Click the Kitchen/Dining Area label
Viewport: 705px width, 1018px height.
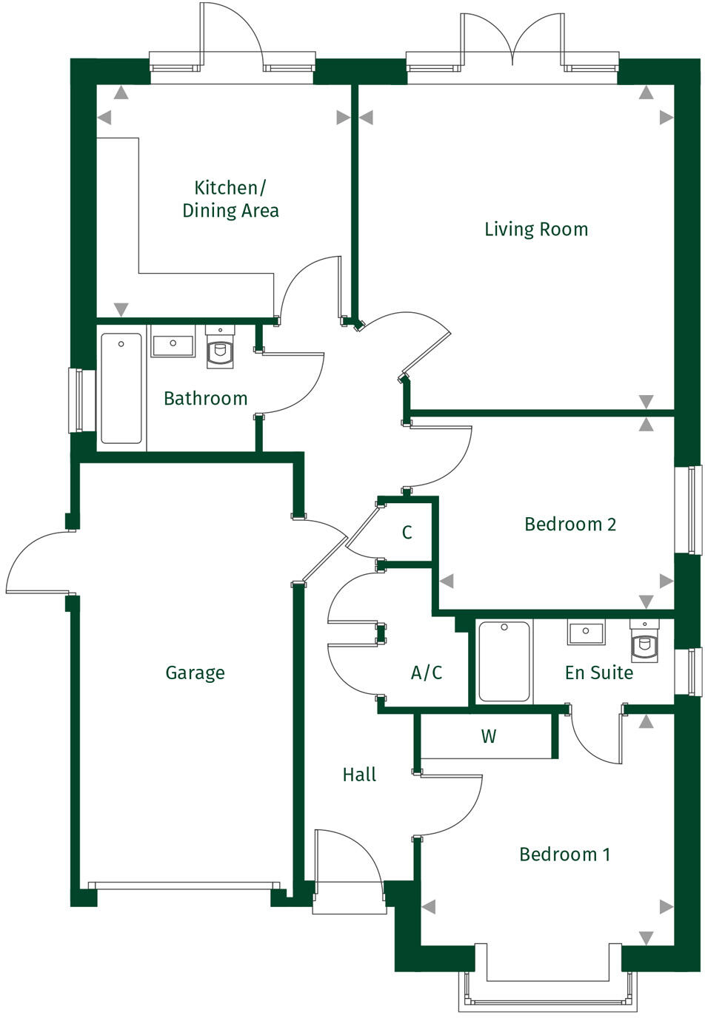(x=230, y=199)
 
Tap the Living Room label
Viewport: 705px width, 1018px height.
(x=536, y=229)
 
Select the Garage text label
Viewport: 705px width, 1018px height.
(x=195, y=673)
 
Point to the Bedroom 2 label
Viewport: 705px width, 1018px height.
(x=569, y=525)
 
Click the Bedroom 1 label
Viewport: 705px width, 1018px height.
(x=565, y=854)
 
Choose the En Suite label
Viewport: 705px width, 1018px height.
(x=598, y=673)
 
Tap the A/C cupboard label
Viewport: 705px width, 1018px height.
(x=427, y=673)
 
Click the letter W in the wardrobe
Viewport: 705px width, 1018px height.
(x=488, y=736)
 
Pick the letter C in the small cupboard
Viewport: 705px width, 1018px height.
(x=407, y=533)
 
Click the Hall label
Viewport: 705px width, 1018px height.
(x=359, y=775)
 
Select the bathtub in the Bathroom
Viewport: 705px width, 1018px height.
(x=121, y=388)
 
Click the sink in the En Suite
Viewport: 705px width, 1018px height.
(x=586, y=633)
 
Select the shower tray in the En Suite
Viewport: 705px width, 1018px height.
(x=504, y=661)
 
